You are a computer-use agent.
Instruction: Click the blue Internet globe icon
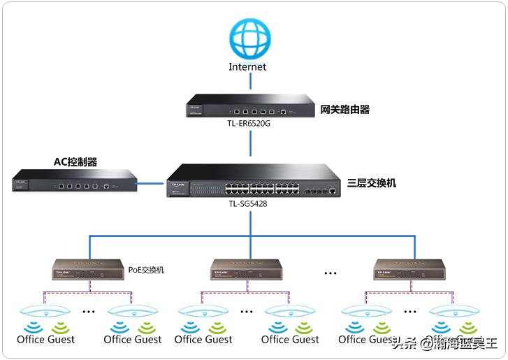pyautogui.click(x=251, y=38)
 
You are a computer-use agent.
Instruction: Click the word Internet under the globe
pyautogui.click(x=247, y=67)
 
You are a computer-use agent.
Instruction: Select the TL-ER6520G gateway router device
pyautogui.click(x=251, y=108)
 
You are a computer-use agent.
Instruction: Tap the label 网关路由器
pyautogui.click(x=344, y=109)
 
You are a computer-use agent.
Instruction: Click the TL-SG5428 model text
pyautogui.click(x=248, y=204)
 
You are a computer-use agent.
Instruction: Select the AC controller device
pyautogui.click(x=73, y=180)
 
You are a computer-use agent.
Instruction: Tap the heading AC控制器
pyautogui.click(x=75, y=162)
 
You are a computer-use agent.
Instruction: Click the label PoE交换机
pyautogui.click(x=146, y=269)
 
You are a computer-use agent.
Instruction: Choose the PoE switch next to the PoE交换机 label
pyautogui.click(x=89, y=270)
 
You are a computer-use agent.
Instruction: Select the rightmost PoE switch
pyautogui.click(x=409, y=270)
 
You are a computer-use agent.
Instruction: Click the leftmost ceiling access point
pyautogui.click(x=43, y=311)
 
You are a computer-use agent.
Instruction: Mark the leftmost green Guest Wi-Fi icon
pyautogui.click(x=61, y=327)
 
